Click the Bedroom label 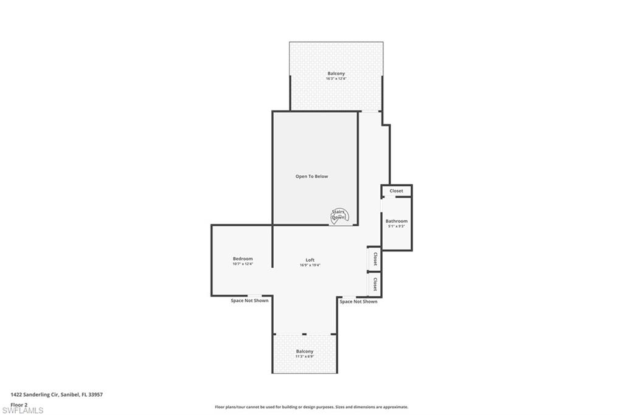(x=242, y=259)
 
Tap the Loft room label (x=310, y=260)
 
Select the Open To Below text (x=311, y=176)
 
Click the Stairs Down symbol (x=338, y=215)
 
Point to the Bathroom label (x=396, y=221)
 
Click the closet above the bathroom (x=396, y=191)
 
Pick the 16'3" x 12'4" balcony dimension (x=336, y=78)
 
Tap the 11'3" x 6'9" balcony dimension (x=304, y=357)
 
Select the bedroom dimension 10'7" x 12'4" (x=242, y=264)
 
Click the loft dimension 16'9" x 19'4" (x=310, y=265)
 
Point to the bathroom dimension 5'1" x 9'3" (x=396, y=226)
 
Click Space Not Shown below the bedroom (x=249, y=301)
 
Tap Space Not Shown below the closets (x=358, y=301)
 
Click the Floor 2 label (x=19, y=404)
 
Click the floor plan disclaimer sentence (x=311, y=407)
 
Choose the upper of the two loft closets (x=375, y=259)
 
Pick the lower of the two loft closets (x=375, y=284)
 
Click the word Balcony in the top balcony (x=336, y=74)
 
